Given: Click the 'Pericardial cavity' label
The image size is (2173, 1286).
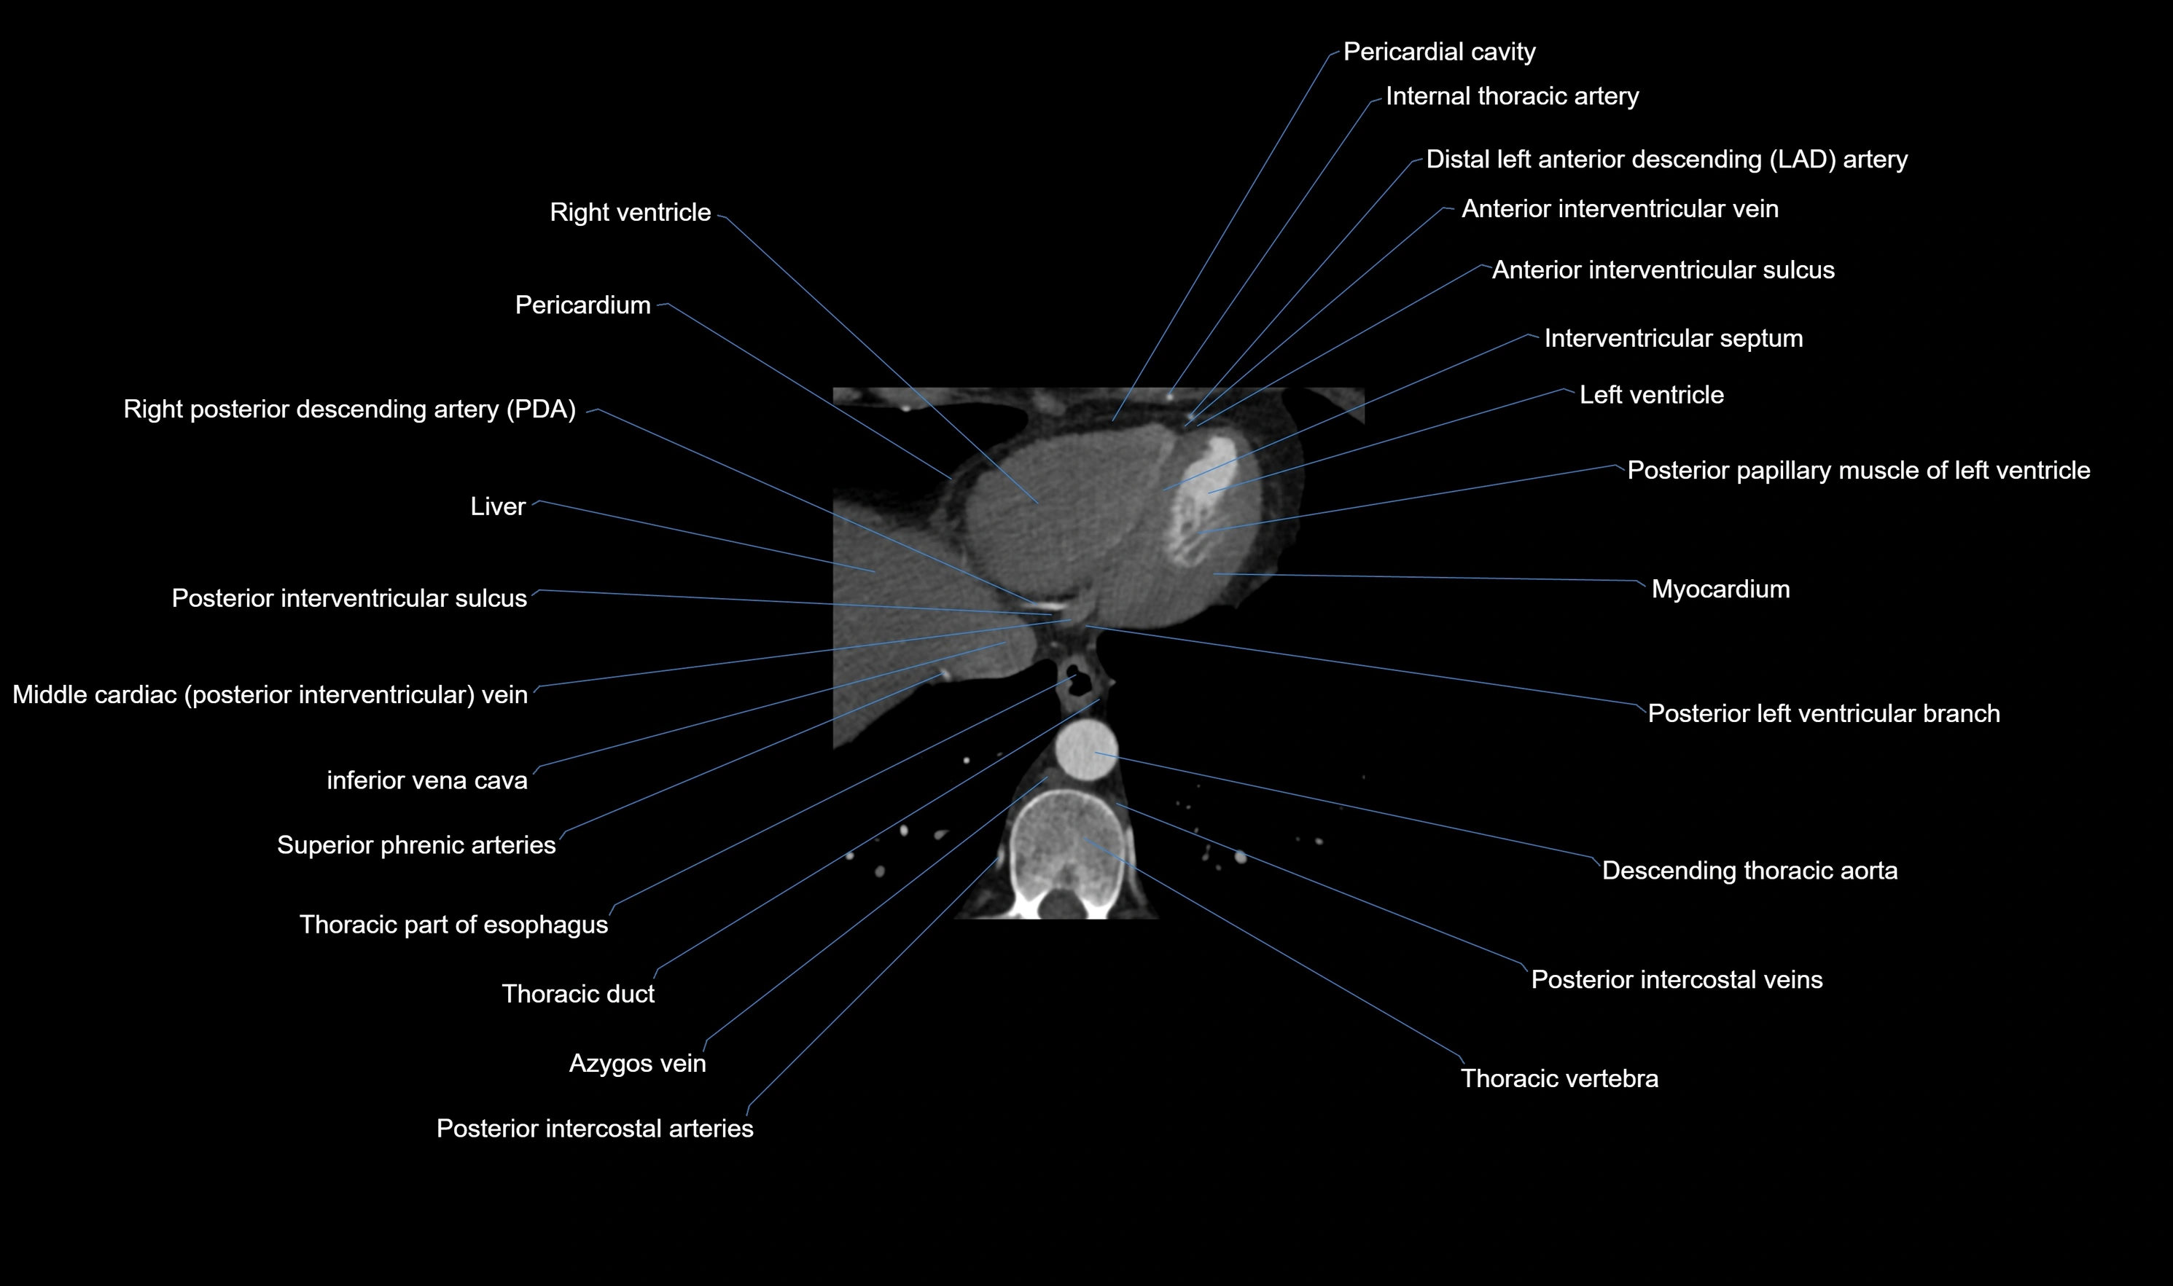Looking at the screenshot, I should tap(1439, 52).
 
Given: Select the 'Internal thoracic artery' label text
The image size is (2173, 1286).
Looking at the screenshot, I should tap(1512, 96).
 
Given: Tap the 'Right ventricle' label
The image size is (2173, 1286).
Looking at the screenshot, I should tap(630, 212).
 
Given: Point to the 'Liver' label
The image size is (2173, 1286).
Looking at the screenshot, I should tap(498, 507).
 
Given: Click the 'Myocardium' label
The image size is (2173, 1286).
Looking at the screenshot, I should tap(1720, 589).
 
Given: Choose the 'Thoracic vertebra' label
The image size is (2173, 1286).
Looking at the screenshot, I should tap(1558, 1079).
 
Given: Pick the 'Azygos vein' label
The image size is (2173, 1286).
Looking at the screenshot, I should tap(637, 1063).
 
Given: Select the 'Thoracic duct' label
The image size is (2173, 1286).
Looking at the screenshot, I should tap(578, 994).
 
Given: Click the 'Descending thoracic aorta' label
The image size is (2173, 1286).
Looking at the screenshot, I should tap(1749, 871).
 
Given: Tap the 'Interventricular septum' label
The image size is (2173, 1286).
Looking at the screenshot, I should tap(1673, 338).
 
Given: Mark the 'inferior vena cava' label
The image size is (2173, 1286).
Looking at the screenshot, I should tap(426, 781).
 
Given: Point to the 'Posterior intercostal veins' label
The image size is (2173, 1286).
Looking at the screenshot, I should tap(1677, 980).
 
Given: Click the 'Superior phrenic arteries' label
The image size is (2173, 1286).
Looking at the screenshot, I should tap(416, 845).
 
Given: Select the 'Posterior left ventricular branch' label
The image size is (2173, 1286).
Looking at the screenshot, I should tap(1823, 714).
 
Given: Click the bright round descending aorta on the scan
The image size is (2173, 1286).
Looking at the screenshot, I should tap(1087, 749).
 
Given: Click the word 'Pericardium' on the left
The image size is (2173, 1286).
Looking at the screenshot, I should tap(582, 305).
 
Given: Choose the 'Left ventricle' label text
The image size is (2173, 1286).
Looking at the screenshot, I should tap(1651, 395).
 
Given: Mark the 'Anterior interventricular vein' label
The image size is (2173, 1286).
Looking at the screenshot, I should tap(1619, 209).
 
